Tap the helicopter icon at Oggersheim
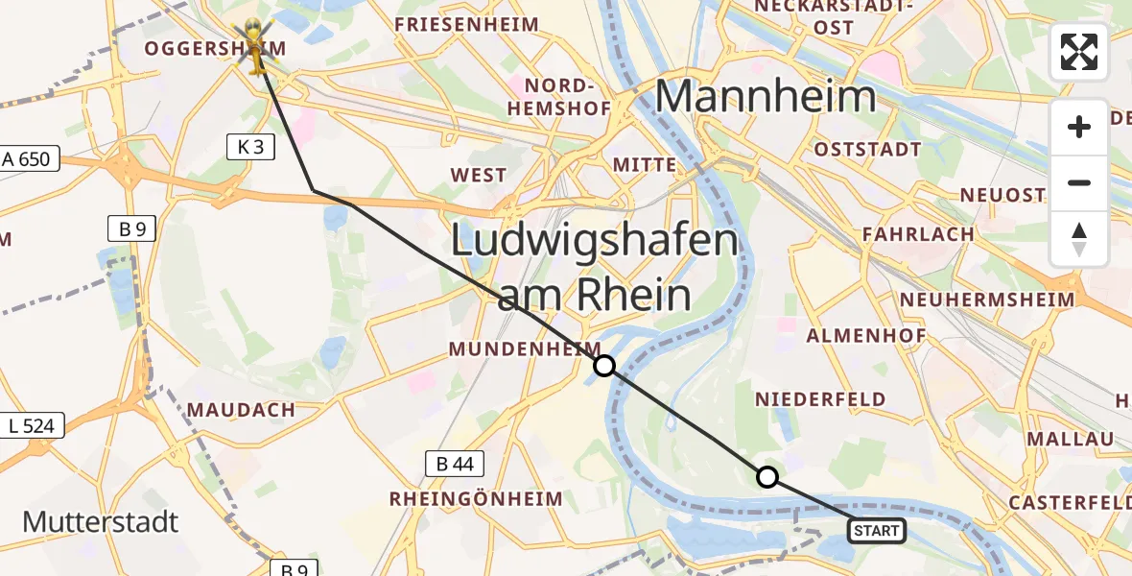click(256, 46)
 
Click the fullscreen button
click(1079, 52)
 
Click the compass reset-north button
click(1079, 239)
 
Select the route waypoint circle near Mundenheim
click(604, 366)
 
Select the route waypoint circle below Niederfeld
click(767, 476)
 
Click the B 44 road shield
click(455, 465)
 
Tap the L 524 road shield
click(33, 425)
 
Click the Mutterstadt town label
click(101, 522)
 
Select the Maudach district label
click(241, 410)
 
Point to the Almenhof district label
click(866, 336)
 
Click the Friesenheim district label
click(466, 24)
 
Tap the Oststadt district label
click(867, 150)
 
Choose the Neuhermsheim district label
click(987, 300)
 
